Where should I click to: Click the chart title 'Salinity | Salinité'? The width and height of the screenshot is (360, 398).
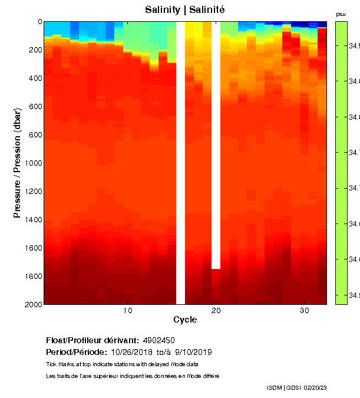pyautogui.click(x=185, y=10)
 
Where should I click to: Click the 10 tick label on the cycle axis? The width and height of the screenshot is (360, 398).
pyautogui.click(x=128, y=311)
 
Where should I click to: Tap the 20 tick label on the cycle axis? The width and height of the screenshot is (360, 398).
pyautogui.click(x=216, y=311)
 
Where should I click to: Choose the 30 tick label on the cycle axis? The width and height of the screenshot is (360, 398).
pyautogui.click(x=304, y=311)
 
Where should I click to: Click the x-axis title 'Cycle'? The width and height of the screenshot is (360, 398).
pyautogui.click(x=185, y=320)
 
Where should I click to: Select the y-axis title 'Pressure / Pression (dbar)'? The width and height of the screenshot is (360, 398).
pyautogui.click(x=17, y=163)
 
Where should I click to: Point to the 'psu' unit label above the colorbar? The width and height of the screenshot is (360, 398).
pyautogui.click(x=341, y=14)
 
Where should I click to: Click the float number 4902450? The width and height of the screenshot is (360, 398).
pyautogui.click(x=159, y=341)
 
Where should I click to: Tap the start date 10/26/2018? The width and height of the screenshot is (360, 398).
pyautogui.click(x=132, y=352)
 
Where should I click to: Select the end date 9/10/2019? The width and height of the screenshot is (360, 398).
pyautogui.click(x=193, y=352)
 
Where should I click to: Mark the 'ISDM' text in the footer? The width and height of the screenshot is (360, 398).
pyautogui.click(x=275, y=388)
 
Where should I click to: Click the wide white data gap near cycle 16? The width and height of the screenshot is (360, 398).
pyautogui.click(x=181, y=163)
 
